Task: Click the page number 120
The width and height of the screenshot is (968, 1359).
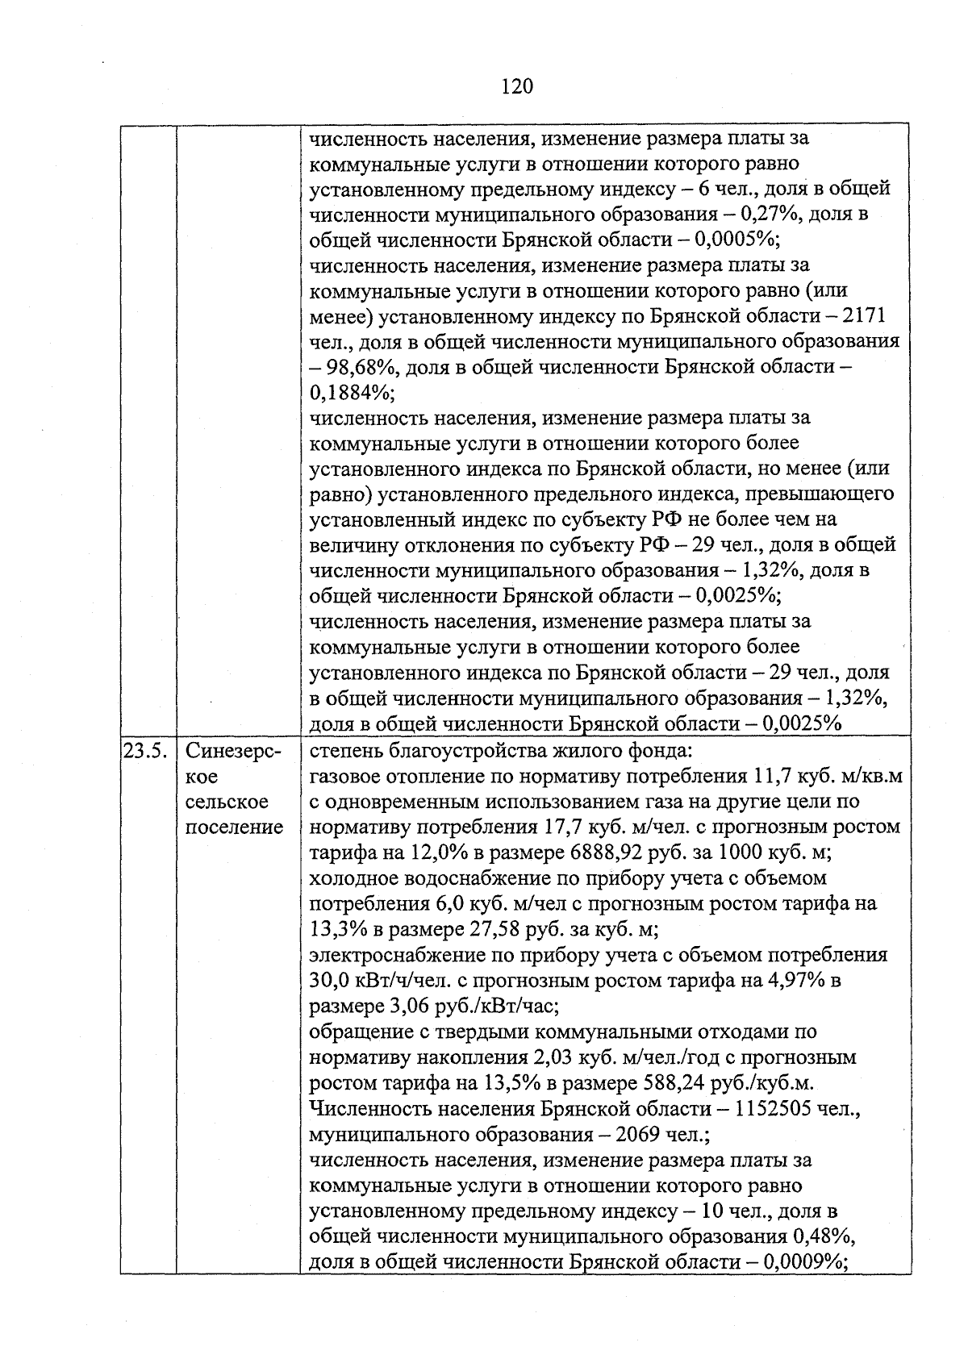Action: [516, 85]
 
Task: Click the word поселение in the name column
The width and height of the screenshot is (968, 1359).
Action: [235, 827]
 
